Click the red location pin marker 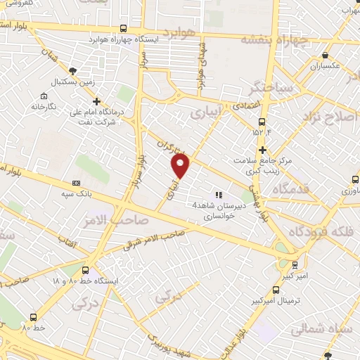click(181, 166)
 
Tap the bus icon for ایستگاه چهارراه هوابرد click(124, 29)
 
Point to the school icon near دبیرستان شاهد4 click(219, 194)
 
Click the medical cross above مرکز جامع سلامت click(262, 150)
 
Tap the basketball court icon click(72, 70)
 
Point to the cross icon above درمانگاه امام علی click(97, 101)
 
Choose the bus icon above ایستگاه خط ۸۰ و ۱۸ click(86, 270)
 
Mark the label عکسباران click(324, 67)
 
